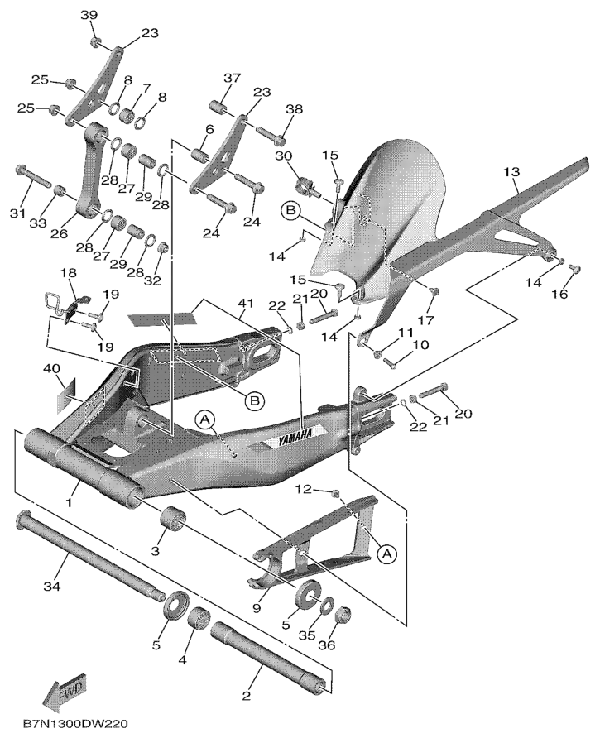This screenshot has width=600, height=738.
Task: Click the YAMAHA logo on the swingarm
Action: coord(295,436)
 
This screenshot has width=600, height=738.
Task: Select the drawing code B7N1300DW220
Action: coord(75,725)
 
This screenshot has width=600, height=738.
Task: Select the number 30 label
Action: coord(284,156)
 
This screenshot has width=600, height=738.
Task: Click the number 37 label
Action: coord(231,79)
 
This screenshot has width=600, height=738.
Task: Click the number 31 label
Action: coord(16,214)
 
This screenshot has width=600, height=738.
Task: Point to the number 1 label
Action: coord(71,501)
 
